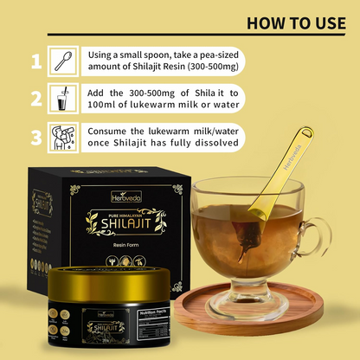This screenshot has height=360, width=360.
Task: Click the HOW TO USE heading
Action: tap(296, 22)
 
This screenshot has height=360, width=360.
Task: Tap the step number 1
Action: tap(35, 62)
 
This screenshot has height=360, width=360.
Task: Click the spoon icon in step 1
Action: tap(63, 62)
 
